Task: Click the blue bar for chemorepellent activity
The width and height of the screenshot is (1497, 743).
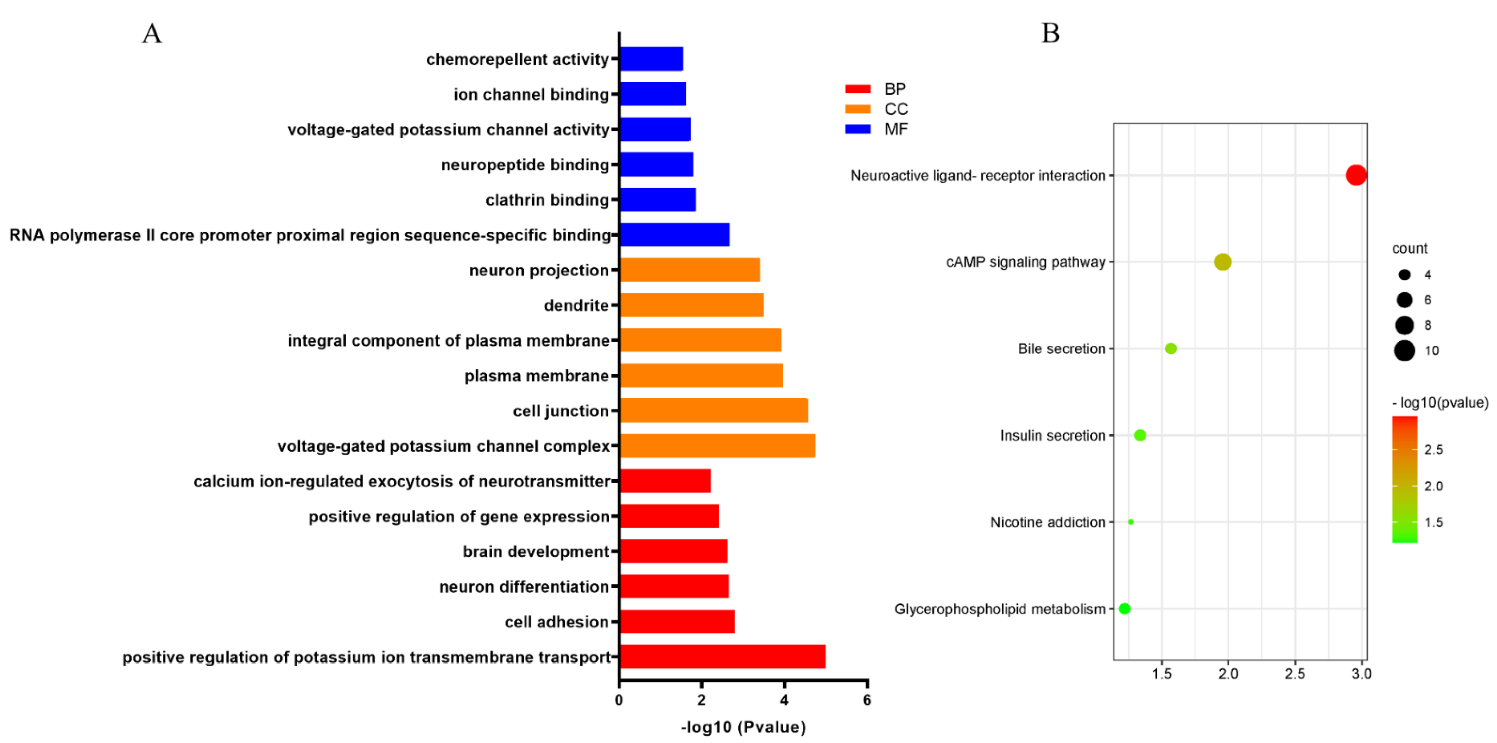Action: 651,59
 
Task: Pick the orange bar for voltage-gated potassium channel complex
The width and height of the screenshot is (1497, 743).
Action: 717,445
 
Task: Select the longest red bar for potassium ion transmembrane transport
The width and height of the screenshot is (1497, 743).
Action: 722,656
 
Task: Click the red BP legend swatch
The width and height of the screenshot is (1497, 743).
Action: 858,89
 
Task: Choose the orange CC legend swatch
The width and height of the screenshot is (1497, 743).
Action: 858,109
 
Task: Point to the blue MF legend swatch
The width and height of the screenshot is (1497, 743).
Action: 858,129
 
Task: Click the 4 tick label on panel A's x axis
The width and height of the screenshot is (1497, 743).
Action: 784,700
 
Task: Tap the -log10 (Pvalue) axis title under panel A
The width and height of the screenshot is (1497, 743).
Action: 743,727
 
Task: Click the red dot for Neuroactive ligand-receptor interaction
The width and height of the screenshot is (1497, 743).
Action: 1356,175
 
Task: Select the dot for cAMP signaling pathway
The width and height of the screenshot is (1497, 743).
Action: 1223,262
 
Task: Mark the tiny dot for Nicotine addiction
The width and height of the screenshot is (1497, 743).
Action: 1130,522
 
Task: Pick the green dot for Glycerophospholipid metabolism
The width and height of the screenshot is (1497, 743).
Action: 1124,608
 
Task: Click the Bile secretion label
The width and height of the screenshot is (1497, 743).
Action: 1061,348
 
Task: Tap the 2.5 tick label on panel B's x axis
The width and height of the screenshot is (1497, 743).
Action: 1295,674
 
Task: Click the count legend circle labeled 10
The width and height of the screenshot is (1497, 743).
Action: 1404,350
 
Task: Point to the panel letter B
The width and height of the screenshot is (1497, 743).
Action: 1050,33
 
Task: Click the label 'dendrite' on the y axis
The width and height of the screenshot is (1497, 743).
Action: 576,305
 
